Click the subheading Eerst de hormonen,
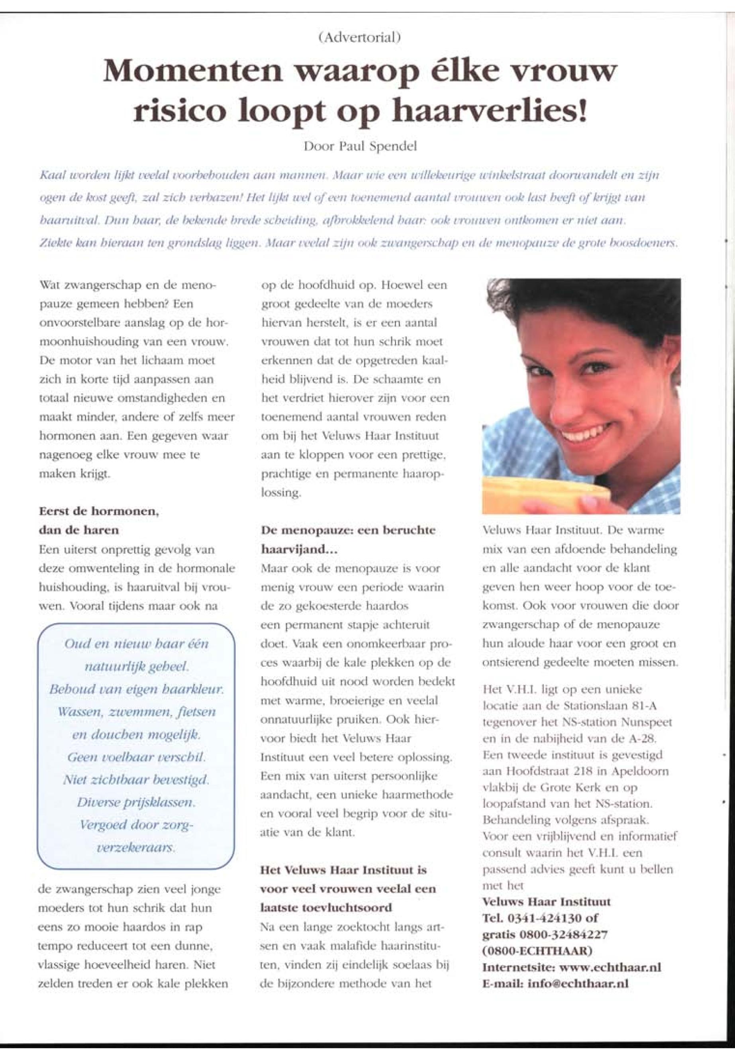pos(99,511)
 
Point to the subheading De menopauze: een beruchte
pos(348,530)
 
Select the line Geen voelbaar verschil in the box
pos(136,756)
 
